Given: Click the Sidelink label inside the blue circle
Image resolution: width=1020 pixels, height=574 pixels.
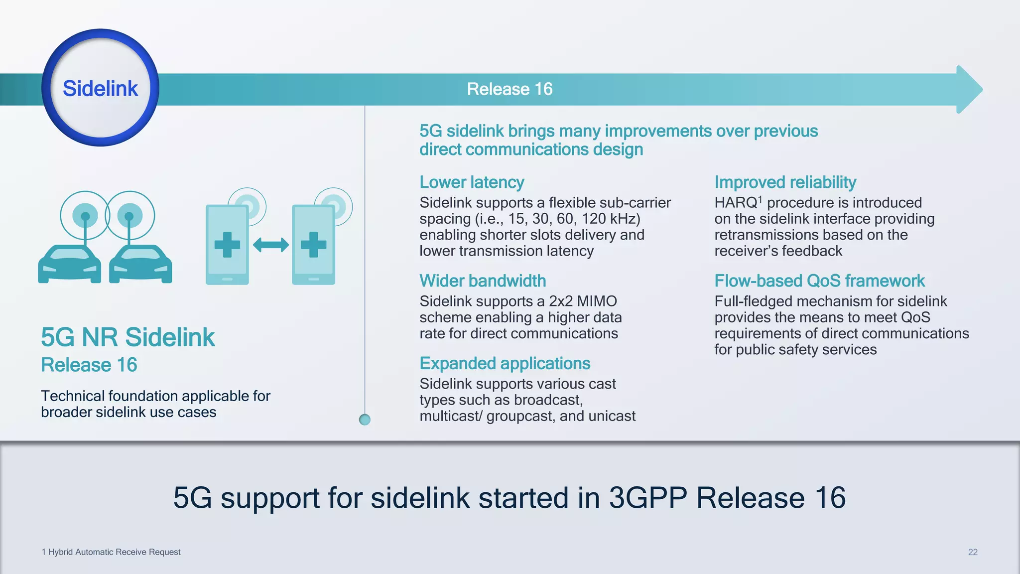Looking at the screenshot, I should coord(100,89).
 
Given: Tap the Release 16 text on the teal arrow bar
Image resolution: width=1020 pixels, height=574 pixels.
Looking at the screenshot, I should coord(510,89).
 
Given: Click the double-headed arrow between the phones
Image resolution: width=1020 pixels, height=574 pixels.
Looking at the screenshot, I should coord(270,245).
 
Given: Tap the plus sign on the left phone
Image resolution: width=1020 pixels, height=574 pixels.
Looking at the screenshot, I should coord(227,245).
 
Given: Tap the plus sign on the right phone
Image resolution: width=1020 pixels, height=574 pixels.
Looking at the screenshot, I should coord(313,245).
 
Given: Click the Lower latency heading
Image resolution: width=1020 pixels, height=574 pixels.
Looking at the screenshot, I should coord(472,182).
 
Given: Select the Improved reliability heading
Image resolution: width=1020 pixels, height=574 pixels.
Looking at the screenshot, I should coord(785,182).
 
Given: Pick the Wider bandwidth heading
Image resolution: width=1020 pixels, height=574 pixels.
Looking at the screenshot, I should coord(482,281).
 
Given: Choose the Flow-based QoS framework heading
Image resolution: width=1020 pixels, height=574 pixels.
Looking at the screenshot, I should coord(819,281).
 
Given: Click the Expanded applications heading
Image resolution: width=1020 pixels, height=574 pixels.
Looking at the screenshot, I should coord(505,364).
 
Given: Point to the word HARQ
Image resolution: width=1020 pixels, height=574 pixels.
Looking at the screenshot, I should coord(736,203).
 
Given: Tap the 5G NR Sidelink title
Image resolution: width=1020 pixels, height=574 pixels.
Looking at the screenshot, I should coord(127,337).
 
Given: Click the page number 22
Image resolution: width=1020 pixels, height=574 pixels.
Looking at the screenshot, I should coord(972,552).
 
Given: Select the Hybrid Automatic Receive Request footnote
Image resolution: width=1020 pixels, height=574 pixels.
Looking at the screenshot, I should coord(111,552).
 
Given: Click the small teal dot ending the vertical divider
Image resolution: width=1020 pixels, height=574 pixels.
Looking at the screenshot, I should coord(365,420).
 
